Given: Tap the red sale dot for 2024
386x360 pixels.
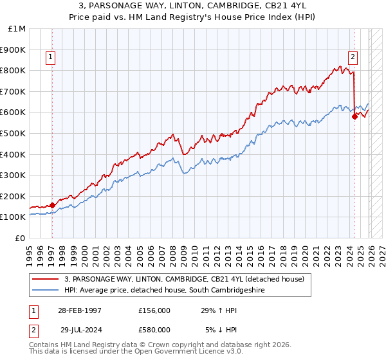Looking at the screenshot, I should (354, 116).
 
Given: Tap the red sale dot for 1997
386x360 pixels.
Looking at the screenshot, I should (52, 205).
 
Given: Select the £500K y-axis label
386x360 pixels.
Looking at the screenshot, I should (14, 133).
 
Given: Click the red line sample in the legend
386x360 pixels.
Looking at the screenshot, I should (46, 279).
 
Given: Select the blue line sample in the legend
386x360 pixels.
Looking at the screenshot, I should (46, 291).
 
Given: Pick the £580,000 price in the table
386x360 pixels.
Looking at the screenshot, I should (155, 329).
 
